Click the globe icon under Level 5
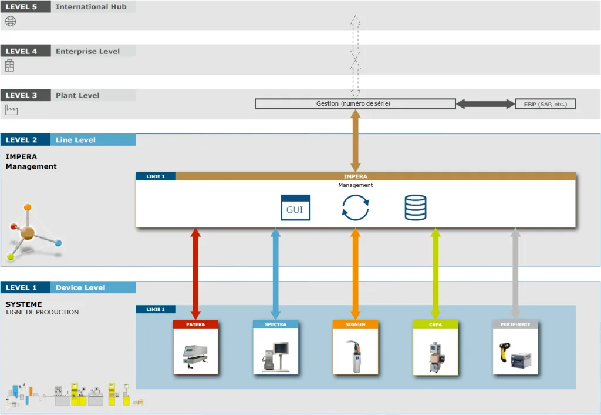pos(11,22)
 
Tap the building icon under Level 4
pos(9,66)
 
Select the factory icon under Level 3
pos(12,110)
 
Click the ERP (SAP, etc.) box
pos(545,104)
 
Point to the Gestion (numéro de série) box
pos(355,103)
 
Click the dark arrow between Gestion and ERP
pos(485,103)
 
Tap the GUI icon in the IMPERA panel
pos(295,207)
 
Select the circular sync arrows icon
pos(355,207)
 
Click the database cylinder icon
pos(416,207)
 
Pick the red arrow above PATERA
pos(195,274)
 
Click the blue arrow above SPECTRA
pos(275,274)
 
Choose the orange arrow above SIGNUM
pos(355,274)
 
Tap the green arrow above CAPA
pos(435,274)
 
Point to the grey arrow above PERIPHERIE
pos(515,274)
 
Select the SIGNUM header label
pos(355,324)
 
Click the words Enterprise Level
pos(88,52)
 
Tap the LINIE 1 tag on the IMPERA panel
pos(156,176)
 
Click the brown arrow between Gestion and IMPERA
pos(355,141)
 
